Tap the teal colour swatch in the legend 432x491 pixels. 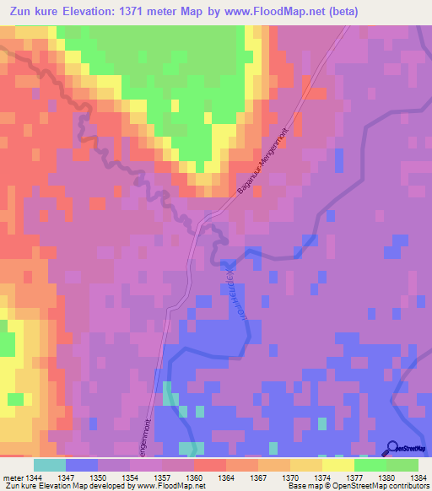50,465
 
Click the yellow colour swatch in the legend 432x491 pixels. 337,465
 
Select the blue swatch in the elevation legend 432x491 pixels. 82,465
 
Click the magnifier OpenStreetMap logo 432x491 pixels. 392,449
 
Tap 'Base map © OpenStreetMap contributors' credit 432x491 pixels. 358,486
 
